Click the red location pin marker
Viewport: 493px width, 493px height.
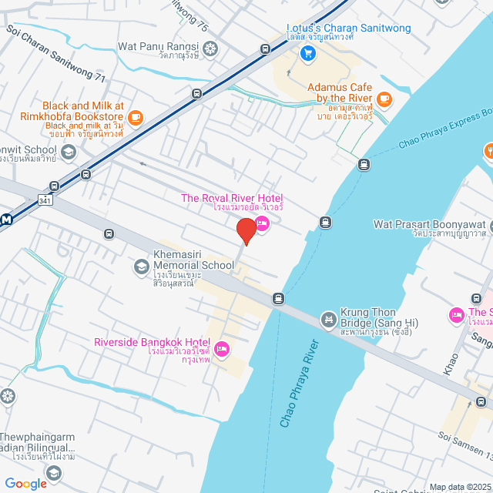[246, 231]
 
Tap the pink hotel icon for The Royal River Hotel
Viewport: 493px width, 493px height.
[262, 224]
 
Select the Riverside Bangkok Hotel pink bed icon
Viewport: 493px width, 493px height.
[222, 349]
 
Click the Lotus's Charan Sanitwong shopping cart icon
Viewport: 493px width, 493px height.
[307, 52]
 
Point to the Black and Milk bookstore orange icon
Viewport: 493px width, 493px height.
[136, 117]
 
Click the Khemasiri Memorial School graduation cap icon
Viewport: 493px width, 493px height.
[141, 267]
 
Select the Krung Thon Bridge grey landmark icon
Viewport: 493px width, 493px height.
[328, 318]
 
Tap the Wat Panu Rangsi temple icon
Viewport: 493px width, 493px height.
[210, 48]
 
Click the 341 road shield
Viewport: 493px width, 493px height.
[45, 201]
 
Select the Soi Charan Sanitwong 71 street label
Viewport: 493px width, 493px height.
[55, 45]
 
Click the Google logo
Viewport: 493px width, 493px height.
[25, 483]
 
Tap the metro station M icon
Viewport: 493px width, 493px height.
[6, 220]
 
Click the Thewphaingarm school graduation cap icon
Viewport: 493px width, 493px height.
[53, 471]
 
